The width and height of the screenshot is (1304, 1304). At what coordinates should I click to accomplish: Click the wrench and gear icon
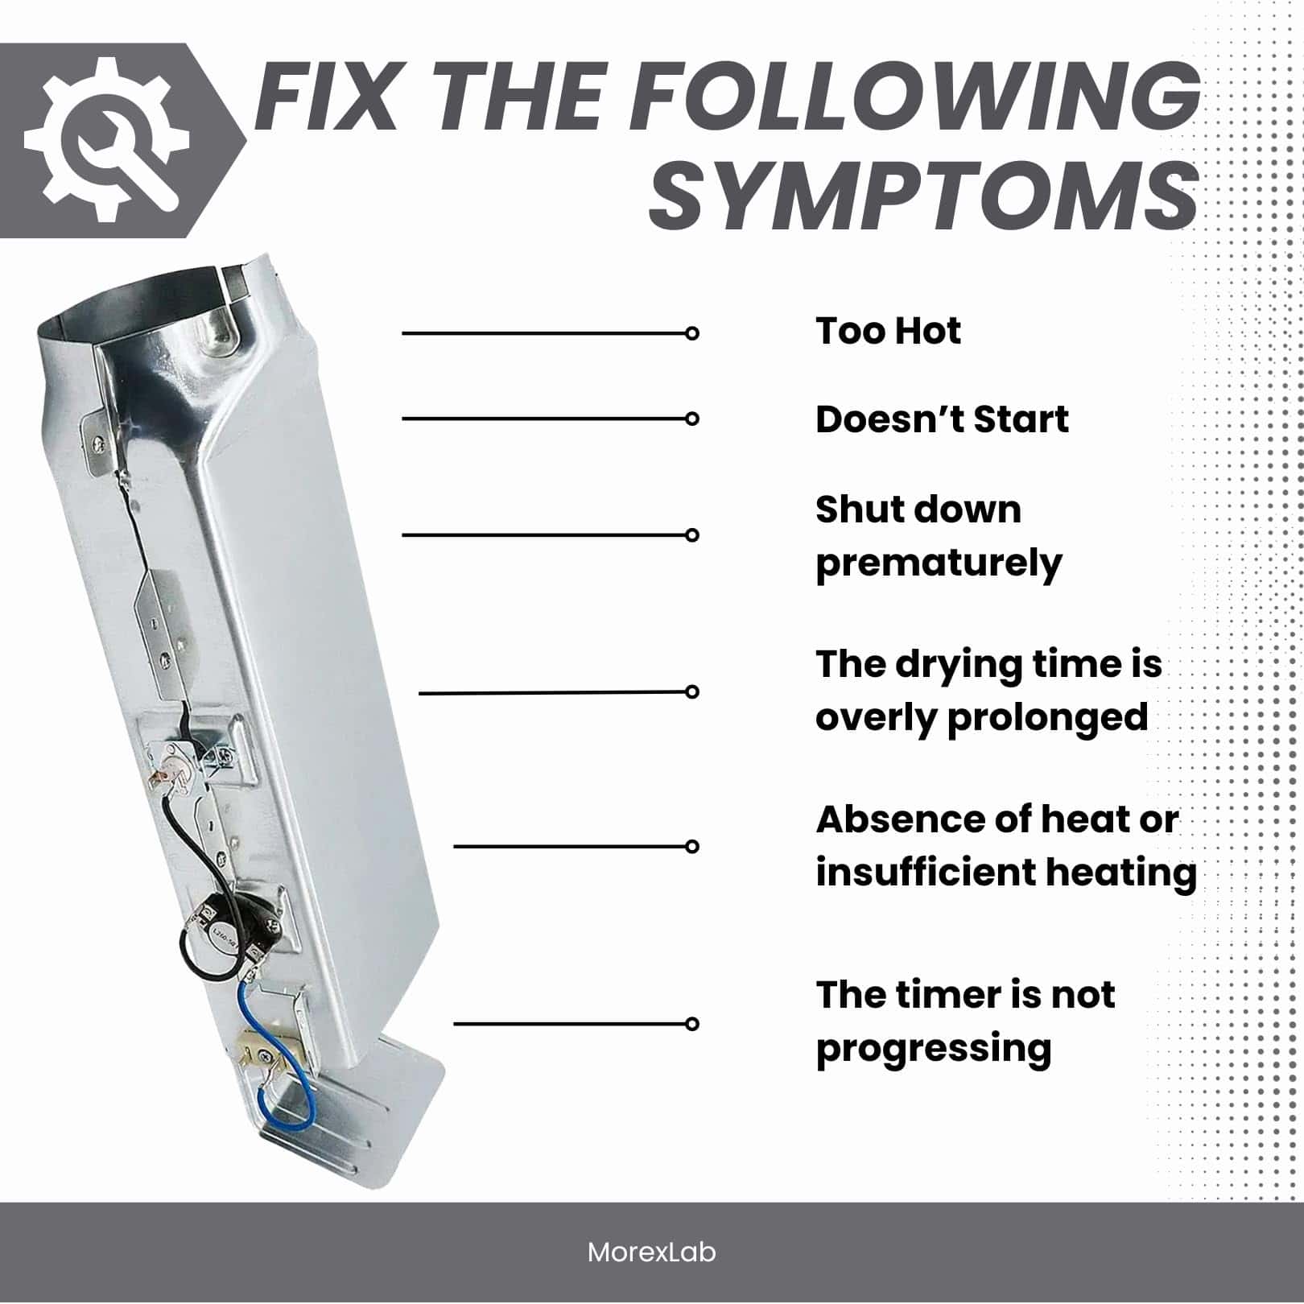[107, 140]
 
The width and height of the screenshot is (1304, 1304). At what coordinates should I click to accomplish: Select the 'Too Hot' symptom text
[888, 331]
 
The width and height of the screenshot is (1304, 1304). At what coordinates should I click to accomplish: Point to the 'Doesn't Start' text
[942, 419]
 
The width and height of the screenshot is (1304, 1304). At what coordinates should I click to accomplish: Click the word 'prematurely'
[939, 564]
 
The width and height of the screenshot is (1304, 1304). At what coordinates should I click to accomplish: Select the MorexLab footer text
[651, 1252]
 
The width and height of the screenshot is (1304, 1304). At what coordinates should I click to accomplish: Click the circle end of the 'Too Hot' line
[691, 333]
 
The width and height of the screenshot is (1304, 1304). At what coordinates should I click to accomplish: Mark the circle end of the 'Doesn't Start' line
[691, 419]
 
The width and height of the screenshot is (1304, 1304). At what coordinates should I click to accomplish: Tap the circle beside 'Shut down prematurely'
[691, 535]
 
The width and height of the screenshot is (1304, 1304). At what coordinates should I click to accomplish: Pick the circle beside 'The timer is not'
[691, 1024]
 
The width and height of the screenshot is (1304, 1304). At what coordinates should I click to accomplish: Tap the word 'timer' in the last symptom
[941, 996]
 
